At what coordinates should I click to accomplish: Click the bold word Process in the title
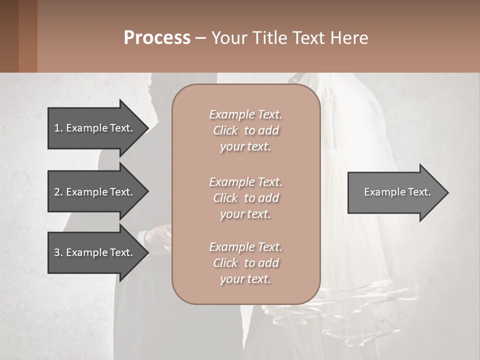pyautogui.click(x=157, y=37)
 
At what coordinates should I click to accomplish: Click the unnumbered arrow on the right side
pyautogui.click(x=397, y=192)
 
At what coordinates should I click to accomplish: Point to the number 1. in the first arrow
pyautogui.click(x=58, y=128)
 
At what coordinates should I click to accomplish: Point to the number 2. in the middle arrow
pyautogui.click(x=58, y=192)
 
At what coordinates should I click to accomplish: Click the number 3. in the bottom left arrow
pyautogui.click(x=58, y=252)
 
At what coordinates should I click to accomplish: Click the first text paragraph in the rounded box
pyautogui.click(x=245, y=130)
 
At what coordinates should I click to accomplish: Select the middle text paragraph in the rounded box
pyautogui.click(x=245, y=197)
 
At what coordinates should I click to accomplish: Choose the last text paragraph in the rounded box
pyautogui.click(x=245, y=263)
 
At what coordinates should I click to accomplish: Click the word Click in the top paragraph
pyautogui.click(x=225, y=130)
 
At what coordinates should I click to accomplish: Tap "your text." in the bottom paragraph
pyautogui.click(x=245, y=279)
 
